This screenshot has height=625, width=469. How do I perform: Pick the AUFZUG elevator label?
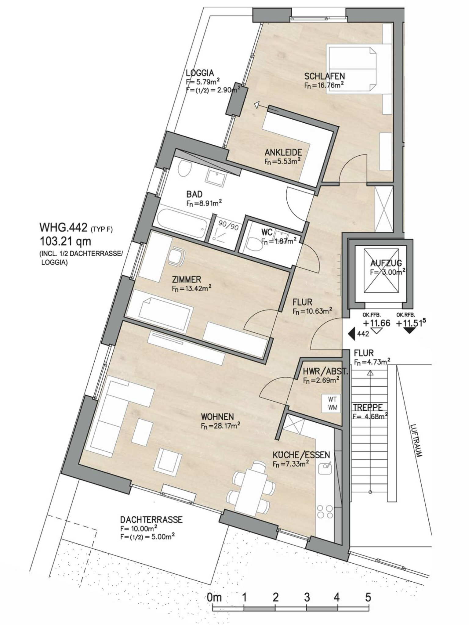(x=386, y=263)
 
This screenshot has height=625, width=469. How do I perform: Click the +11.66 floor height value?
(x=376, y=323)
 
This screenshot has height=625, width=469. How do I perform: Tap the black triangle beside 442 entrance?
(x=352, y=334)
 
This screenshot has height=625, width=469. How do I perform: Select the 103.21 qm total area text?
(x=65, y=242)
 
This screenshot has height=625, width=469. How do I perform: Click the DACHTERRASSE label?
(x=151, y=520)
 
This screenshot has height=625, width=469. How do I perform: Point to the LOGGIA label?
(x=200, y=73)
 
